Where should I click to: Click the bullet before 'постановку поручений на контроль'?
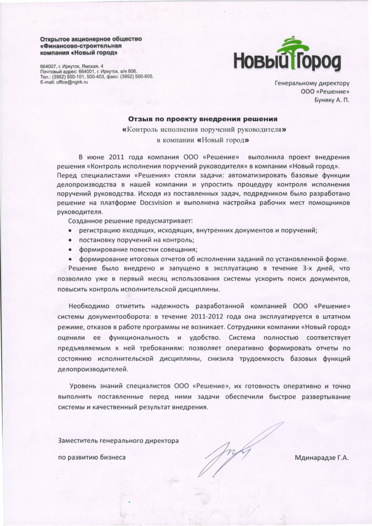pyautogui.click(x=71, y=240)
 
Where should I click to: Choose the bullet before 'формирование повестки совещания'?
pyautogui.click(x=71, y=250)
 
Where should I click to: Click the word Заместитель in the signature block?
pyautogui.click(x=77, y=440)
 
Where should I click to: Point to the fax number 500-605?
pyautogui.click(x=143, y=77)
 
